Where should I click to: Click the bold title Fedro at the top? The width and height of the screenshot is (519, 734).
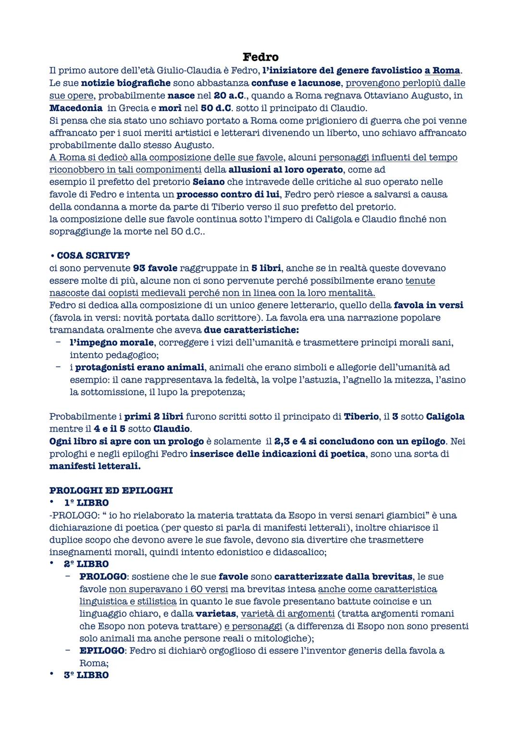click(260, 57)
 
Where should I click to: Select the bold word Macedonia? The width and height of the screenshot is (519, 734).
click(75, 108)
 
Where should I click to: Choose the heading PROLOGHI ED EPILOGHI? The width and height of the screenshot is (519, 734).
click(111, 490)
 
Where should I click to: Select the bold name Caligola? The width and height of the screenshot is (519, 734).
click(445, 416)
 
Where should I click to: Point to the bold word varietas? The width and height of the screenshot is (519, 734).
click(216, 613)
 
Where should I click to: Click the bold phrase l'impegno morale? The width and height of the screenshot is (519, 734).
click(111, 342)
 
